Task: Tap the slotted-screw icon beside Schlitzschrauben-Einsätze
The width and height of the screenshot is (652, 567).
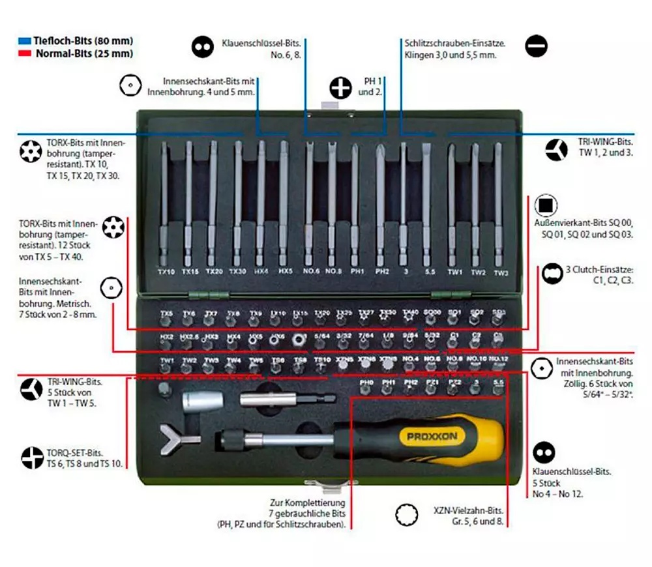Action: [537, 46]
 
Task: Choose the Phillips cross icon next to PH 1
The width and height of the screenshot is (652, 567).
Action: [340, 87]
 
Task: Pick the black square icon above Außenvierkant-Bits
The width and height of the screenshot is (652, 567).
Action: [545, 206]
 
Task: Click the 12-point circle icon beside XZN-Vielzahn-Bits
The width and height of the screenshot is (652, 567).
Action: [407, 515]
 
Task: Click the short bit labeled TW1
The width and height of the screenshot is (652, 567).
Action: [168, 369]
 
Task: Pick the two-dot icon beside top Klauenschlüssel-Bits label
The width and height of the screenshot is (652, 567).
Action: [203, 46]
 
